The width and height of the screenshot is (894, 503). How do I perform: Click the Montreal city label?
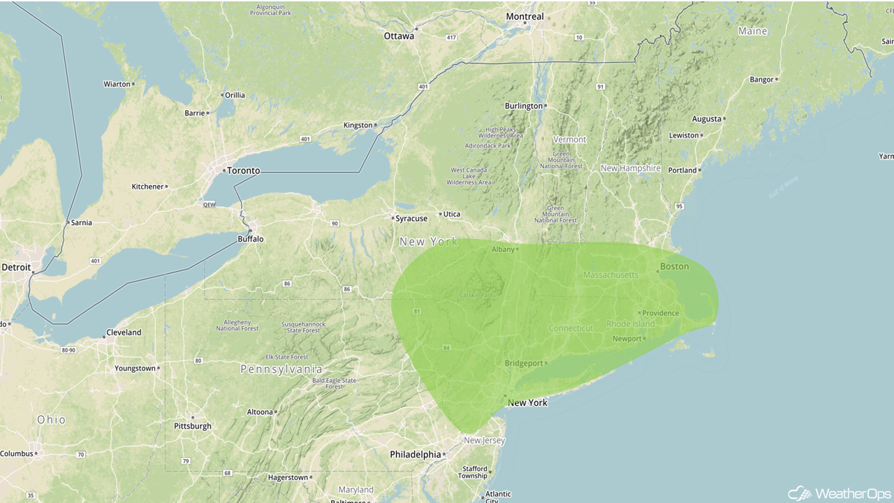[525, 17]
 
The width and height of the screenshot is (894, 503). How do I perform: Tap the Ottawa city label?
[399, 36]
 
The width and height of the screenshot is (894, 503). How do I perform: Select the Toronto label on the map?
[244, 170]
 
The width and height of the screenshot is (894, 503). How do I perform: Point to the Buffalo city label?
[251, 239]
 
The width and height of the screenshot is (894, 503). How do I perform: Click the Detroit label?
[16, 267]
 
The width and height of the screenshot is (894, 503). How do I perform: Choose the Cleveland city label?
[124, 333]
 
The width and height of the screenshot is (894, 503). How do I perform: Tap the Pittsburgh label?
[193, 426]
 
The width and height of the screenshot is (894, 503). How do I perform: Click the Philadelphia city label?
[416, 455]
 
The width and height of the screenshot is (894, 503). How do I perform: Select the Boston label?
[675, 266]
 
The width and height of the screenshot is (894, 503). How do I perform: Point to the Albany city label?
[503, 249]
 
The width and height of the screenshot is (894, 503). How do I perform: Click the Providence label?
[661, 313]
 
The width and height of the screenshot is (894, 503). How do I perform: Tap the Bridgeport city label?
[524, 363]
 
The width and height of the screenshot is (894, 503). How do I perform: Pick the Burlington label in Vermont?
[524, 106]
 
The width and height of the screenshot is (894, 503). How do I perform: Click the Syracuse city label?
[412, 219]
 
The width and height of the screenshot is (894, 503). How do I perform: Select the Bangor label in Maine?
[762, 80]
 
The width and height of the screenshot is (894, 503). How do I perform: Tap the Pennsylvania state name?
[281, 369]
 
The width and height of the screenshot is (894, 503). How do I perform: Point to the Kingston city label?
[358, 126]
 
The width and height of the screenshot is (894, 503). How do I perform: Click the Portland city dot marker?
[700, 170]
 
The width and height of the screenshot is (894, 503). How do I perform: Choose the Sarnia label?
[81, 223]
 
